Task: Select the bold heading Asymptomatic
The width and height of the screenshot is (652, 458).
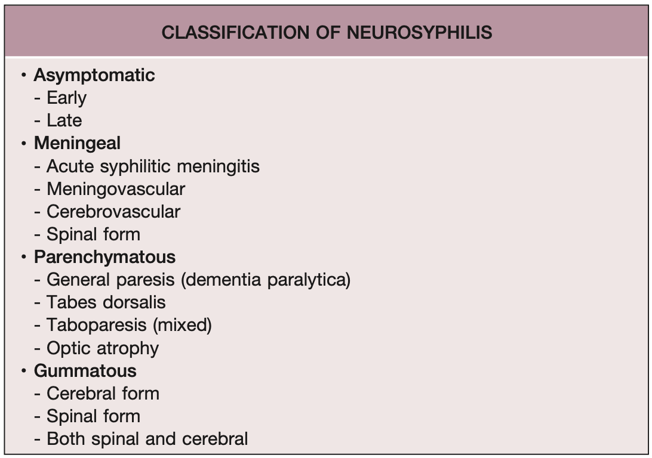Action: (94, 75)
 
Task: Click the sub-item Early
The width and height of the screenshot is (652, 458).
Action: (66, 98)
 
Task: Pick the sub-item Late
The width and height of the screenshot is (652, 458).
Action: (64, 120)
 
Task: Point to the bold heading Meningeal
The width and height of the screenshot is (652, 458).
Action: (77, 143)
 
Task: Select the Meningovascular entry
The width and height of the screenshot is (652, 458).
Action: (116, 189)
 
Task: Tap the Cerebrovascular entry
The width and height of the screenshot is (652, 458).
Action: (113, 212)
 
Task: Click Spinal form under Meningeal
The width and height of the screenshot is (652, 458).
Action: (93, 234)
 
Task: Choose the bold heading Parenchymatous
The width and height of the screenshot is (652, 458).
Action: (104, 257)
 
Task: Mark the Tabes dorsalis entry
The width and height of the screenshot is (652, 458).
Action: (106, 302)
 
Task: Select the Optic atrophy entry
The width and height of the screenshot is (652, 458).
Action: (103, 348)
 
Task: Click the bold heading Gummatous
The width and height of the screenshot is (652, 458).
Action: (85, 371)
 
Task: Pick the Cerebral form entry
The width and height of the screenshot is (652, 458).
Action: (103, 394)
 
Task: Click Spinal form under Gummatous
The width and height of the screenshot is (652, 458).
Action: (93, 416)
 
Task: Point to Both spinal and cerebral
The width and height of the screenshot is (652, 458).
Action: (147, 439)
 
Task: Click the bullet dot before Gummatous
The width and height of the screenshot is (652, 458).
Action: (23, 371)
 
